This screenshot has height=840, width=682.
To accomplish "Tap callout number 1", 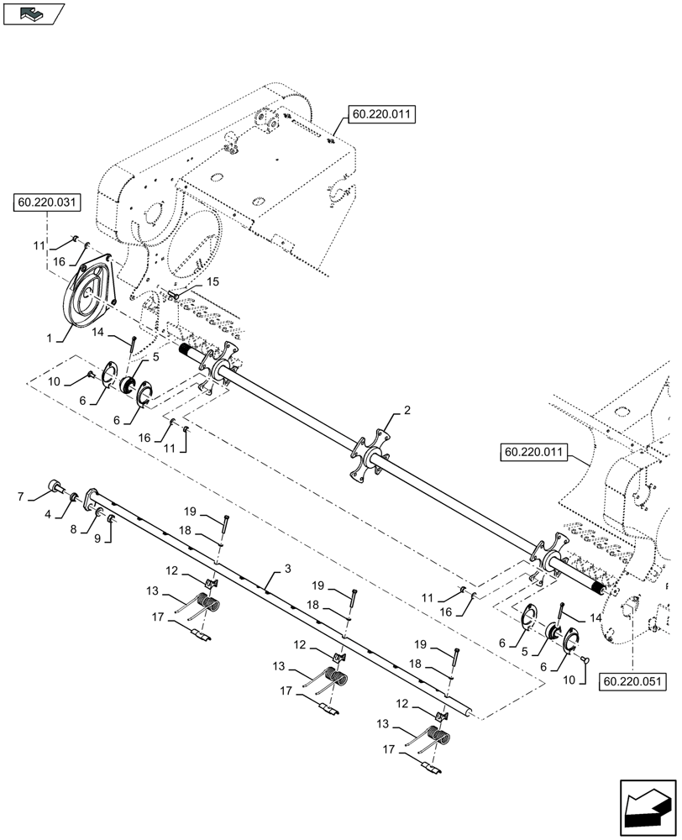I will click(50, 338).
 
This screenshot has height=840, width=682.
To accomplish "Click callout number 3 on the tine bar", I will click(287, 569).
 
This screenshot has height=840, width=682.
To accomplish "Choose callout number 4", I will click(49, 512).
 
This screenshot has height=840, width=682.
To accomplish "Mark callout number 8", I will click(74, 529).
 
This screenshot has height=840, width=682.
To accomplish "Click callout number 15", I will click(212, 281).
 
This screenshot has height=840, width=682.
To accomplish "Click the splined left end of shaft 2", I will click(186, 349).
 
